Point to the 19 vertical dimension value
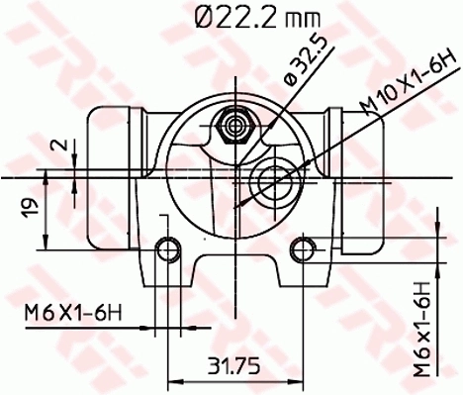[x=30, y=208]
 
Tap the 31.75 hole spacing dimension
[x=234, y=365]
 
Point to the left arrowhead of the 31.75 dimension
[x=174, y=379]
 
